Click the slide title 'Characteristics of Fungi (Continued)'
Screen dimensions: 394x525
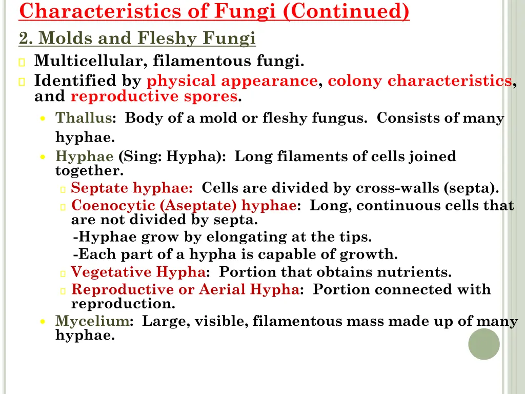pyautogui.click(x=214, y=11)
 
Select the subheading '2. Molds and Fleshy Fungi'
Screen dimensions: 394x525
pyautogui.click(x=137, y=38)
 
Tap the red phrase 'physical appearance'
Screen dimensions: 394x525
pyautogui.click(x=232, y=81)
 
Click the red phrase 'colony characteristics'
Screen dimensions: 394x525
pyautogui.click(x=419, y=81)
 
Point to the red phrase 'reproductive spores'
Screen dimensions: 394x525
pyautogui.click(x=154, y=96)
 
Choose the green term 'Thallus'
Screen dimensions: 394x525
pyautogui.click(x=84, y=118)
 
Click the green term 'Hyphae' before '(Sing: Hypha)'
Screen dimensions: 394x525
pyautogui.click(x=84, y=156)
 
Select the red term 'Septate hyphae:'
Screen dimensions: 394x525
pyautogui.click(x=132, y=188)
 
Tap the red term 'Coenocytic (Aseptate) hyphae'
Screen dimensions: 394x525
pyautogui.click(x=184, y=206)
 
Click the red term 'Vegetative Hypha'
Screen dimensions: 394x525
pyautogui.click(x=138, y=272)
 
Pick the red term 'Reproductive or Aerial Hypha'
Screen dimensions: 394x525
pyautogui.click(x=185, y=290)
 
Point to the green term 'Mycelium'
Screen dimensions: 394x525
pyautogui.click(x=92, y=322)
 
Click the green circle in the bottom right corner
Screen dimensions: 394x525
pyautogui.click(x=483, y=344)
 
